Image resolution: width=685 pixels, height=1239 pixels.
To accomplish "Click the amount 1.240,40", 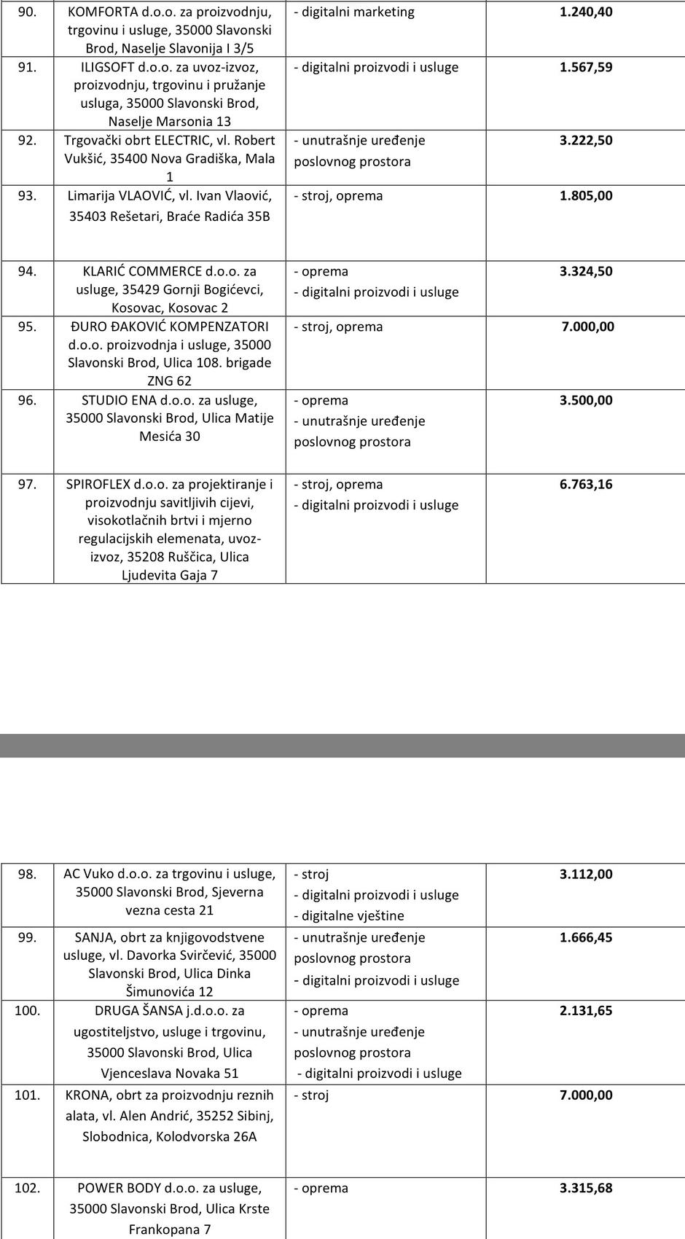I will coord(586,12).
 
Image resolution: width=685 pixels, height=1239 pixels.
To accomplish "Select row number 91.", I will coord(27,67).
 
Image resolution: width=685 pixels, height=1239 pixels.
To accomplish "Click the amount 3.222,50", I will coord(586,141).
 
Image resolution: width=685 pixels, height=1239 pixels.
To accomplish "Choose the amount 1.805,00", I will coord(586,196).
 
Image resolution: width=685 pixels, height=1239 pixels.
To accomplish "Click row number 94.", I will coord(27,272).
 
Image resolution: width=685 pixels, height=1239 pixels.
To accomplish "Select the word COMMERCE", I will coord(165,272).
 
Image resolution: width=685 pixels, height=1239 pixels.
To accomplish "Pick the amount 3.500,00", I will coord(586,401).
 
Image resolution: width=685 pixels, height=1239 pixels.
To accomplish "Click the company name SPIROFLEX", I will coord(98,485).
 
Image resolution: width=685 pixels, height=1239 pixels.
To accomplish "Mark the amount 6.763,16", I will coord(586,485).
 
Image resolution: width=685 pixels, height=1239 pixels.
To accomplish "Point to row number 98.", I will coord(27,875).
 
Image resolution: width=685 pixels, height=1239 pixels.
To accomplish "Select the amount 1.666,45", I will coord(586,938).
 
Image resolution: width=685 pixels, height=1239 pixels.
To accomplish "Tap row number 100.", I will coord(27,1012).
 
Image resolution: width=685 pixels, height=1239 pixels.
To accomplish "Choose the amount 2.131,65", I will coord(586,1012).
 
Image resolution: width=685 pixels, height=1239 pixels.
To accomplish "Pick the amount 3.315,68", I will coord(586,1189).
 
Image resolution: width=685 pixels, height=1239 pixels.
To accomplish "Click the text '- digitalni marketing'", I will coord(354,12).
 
